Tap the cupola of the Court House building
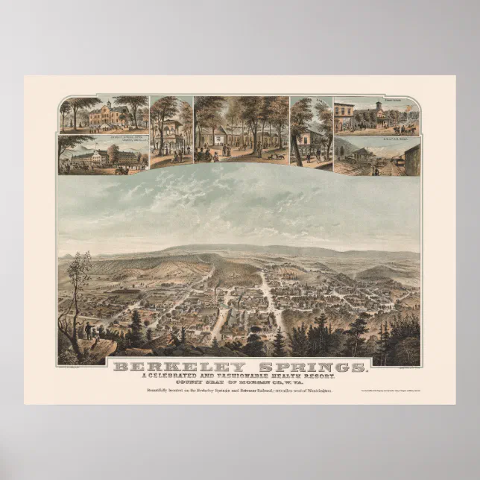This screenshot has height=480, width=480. (x=378, y=104)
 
